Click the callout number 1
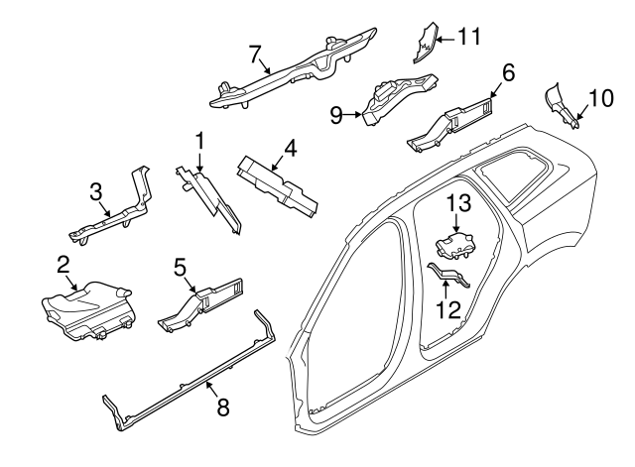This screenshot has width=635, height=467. [x=200, y=141]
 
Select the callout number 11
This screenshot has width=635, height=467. [x=469, y=38]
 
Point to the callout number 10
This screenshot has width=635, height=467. [x=601, y=99]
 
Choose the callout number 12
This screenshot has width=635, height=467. [x=448, y=308]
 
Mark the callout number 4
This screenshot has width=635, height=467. [x=290, y=151]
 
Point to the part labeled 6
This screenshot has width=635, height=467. [x=451, y=124]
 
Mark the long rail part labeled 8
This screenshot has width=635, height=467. [x=189, y=377]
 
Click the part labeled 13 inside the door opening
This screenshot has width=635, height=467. [x=455, y=244]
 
